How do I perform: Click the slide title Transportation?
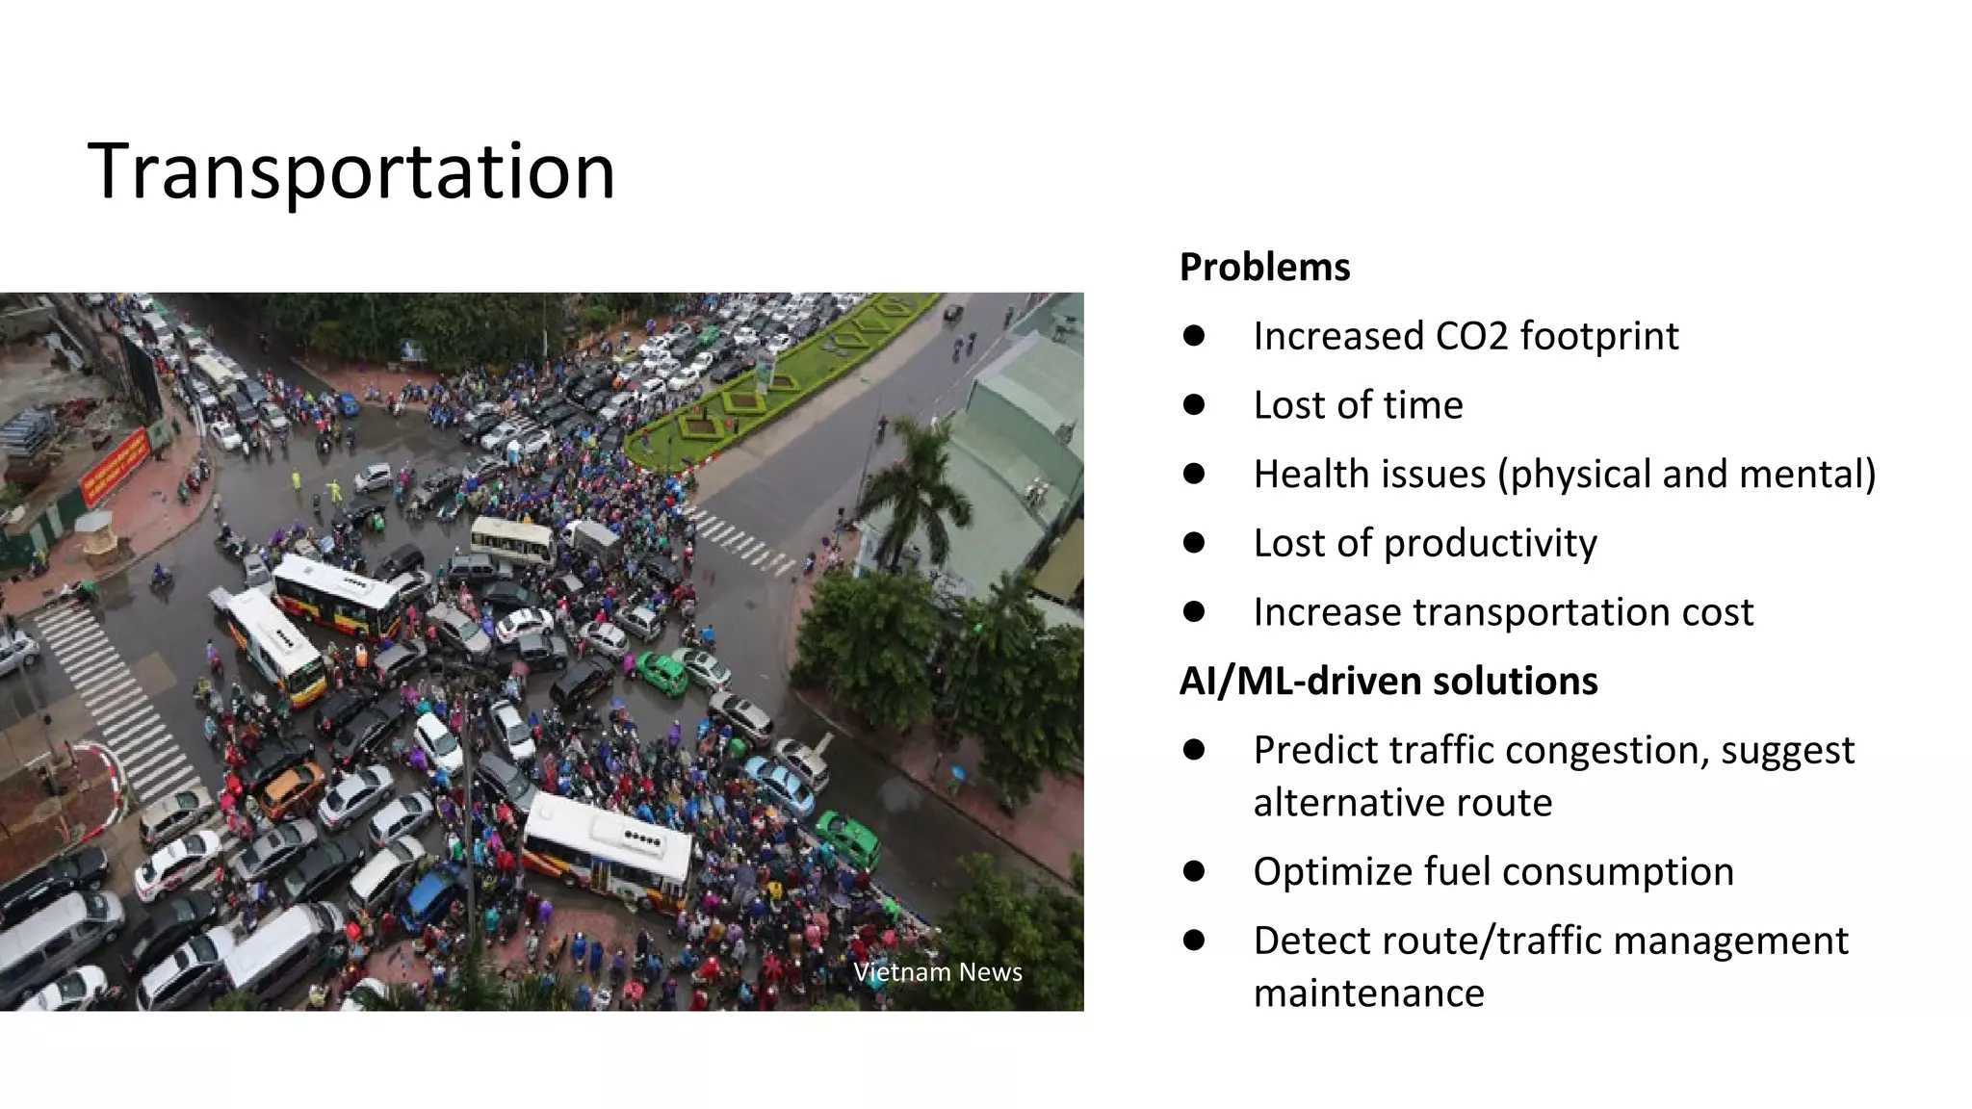coord(350,171)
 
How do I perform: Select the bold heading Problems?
coord(1264,268)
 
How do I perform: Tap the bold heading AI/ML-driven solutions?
coord(1388,682)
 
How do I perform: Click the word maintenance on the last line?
coord(1368,993)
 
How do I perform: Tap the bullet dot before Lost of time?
coord(1194,405)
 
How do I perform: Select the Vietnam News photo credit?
coord(937,972)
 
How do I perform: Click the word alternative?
coord(1402,803)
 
